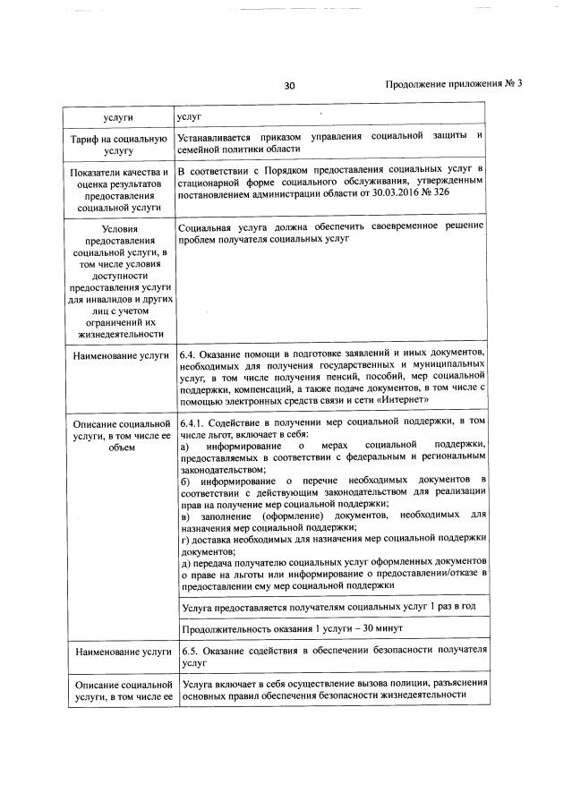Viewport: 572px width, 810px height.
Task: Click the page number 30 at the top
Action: point(289,86)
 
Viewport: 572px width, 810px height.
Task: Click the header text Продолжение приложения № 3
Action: point(453,84)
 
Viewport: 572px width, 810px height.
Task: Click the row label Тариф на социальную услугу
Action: point(120,146)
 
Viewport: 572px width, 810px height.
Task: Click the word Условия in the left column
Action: point(119,229)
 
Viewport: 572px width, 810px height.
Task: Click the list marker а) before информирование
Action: point(184,446)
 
